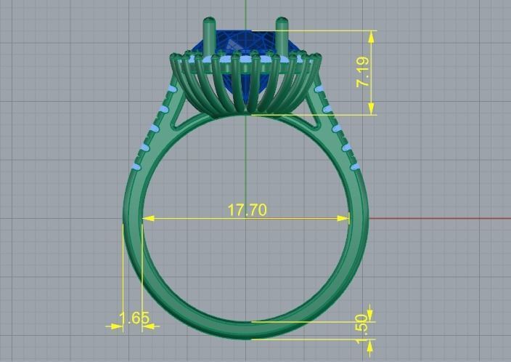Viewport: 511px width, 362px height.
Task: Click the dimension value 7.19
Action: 364,72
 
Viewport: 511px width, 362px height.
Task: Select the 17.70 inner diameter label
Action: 247,210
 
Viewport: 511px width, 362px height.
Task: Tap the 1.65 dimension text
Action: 134,318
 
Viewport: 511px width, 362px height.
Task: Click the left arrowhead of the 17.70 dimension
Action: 147,217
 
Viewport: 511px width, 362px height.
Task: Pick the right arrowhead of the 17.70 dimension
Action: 346,217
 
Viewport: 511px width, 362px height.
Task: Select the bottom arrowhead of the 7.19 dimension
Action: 372,110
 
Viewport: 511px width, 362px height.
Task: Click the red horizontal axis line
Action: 436,217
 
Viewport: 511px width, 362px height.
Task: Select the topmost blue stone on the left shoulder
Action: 172,89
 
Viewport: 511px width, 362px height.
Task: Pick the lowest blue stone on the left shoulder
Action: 136,166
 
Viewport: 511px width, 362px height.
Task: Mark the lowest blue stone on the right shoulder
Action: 356,166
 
